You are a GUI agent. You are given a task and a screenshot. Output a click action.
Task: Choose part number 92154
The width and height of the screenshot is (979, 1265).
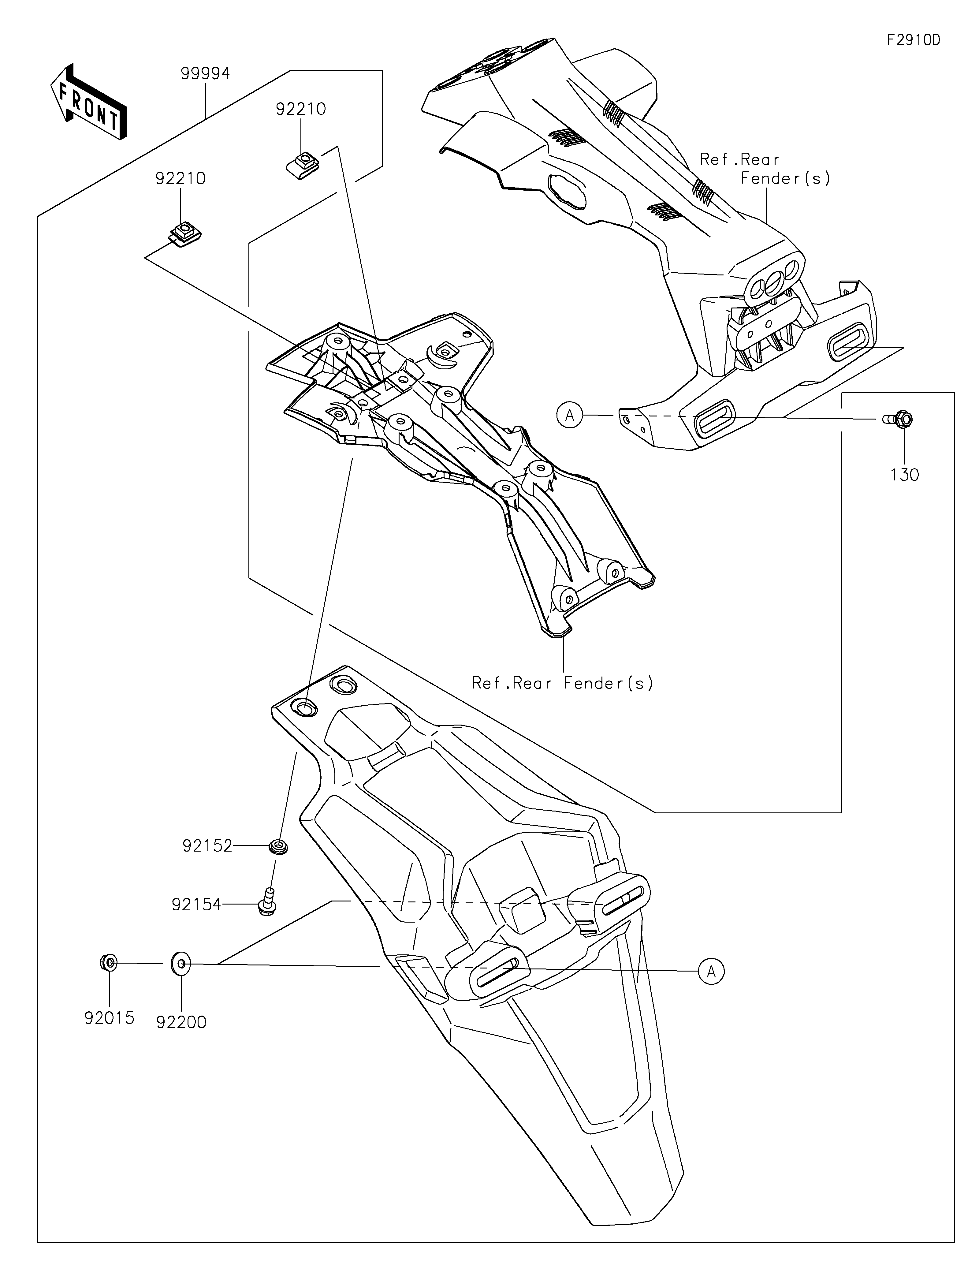pyautogui.click(x=196, y=904)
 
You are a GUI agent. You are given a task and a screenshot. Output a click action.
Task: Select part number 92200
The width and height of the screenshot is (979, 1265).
pyautogui.click(x=181, y=1022)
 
